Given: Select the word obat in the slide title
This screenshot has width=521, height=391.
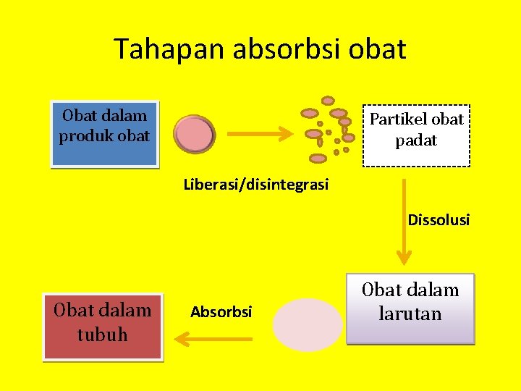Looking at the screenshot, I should coord(377,49).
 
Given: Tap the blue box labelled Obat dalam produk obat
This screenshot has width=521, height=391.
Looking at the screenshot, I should coord(104,134).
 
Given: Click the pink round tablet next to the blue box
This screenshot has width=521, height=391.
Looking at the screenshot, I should coord(192,135).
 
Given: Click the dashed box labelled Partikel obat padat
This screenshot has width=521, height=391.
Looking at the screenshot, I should coord(416,135).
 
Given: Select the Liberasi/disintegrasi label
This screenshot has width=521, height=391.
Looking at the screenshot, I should coord(255,185).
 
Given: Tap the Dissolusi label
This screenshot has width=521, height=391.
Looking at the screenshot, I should coord(439,219).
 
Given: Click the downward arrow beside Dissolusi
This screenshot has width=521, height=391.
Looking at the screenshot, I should coord(404,217).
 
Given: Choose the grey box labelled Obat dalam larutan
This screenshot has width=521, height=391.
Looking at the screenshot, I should coord(410,308).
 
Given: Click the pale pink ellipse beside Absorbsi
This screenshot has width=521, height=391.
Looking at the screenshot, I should coord(308,325).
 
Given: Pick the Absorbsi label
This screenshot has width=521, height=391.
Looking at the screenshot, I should coord(221,312).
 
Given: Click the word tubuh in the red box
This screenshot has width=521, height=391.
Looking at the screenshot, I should coord(103,335).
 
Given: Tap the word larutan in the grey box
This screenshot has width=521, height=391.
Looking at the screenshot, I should coord(410,314).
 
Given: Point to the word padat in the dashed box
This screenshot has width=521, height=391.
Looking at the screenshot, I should coord(416,140).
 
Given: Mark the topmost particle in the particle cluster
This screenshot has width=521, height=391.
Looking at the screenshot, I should coord(328,101).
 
